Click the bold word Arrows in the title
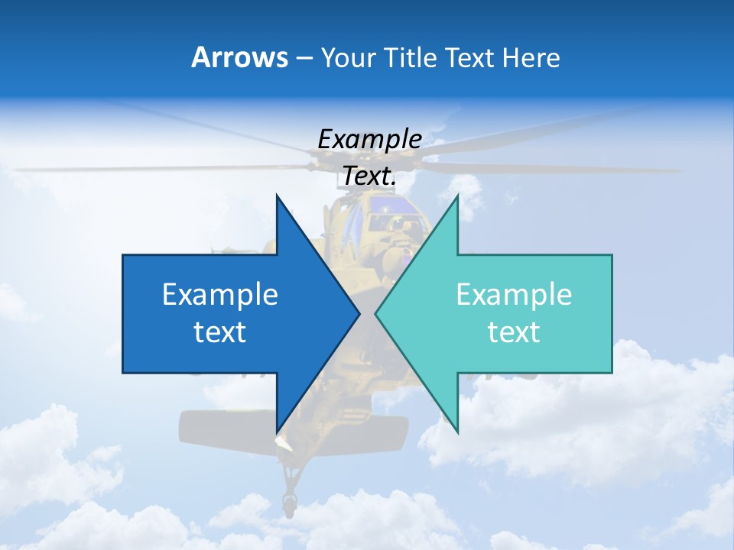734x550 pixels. tap(240, 57)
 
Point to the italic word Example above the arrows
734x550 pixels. tap(370, 139)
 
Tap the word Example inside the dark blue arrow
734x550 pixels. tap(220, 295)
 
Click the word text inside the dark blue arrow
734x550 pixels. tap(220, 332)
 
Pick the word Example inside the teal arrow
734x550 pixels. tap(514, 295)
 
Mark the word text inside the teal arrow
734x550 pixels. tap(514, 332)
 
